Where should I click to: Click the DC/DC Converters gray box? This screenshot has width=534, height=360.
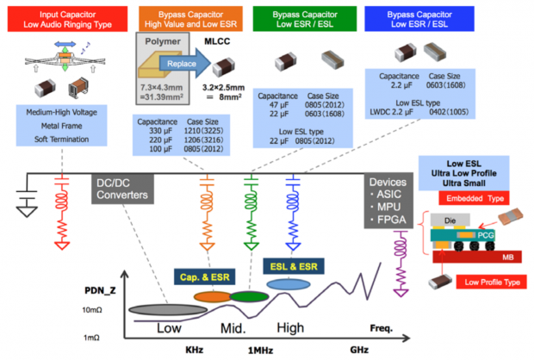(x=121, y=190)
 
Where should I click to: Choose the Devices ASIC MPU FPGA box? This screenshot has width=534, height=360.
(x=388, y=202)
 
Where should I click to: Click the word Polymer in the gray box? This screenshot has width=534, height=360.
(x=162, y=43)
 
